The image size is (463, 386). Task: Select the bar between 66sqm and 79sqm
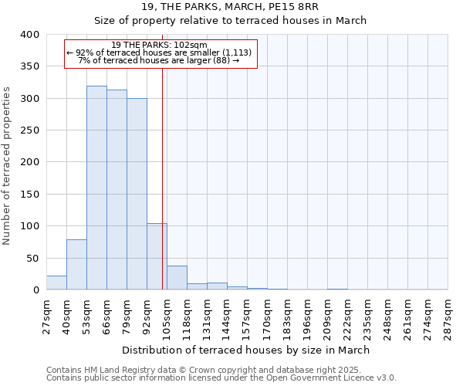coord(117,190)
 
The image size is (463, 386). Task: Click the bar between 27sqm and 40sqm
coord(56,283)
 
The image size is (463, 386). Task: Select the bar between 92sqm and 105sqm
coord(157,256)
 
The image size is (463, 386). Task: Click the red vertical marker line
coord(162,178)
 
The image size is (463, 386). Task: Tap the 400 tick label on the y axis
coord(29,35)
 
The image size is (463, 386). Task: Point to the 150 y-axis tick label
coord(29,195)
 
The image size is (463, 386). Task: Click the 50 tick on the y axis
coord(32,258)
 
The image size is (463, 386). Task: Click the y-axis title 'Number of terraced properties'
coord(8,167)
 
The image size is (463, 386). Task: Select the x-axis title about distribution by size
coord(246,350)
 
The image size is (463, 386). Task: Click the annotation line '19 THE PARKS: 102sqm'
coord(160,45)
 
